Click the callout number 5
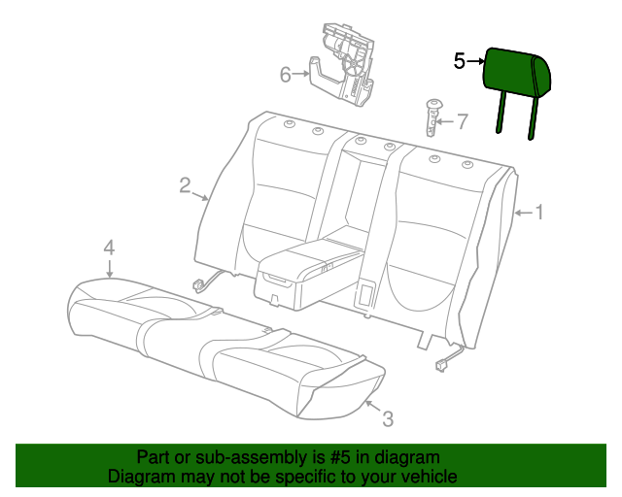coord(460,61)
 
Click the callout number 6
coord(286,75)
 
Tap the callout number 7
coord(463,121)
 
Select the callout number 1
coord(539,213)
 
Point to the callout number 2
coord(185,185)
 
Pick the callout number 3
coord(388,419)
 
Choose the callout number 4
coord(109,248)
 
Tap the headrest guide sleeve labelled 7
coord(433,118)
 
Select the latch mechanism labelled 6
coord(342,65)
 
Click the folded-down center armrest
coord(305,275)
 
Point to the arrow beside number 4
coord(110,268)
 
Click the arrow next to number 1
coord(524,214)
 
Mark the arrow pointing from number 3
coord(373,407)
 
